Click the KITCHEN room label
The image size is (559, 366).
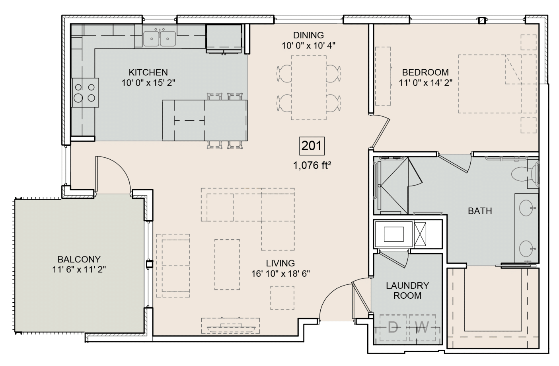click(x=148, y=72)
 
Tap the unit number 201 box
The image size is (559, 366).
click(x=312, y=146)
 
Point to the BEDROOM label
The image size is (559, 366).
click(x=425, y=72)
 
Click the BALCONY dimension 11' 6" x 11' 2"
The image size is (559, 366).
click(x=79, y=270)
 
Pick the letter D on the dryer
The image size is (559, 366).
click(x=393, y=327)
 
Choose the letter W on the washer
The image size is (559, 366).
click(x=422, y=327)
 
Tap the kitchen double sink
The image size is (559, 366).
click(x=160, y=38)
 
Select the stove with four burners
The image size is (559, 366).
click(x=85, y=92)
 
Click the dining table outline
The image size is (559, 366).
click(x=309, y=88)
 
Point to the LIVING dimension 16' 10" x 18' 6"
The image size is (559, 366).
click(x=280, y=274)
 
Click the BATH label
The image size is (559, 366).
click(x=480, y=211)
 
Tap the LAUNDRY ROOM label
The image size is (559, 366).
click(x=407, y=290)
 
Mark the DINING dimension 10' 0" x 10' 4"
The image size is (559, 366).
click(x=309, y=45)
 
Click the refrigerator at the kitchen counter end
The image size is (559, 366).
click(x=224, y=38)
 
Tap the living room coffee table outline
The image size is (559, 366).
click(x=227, y=264)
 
